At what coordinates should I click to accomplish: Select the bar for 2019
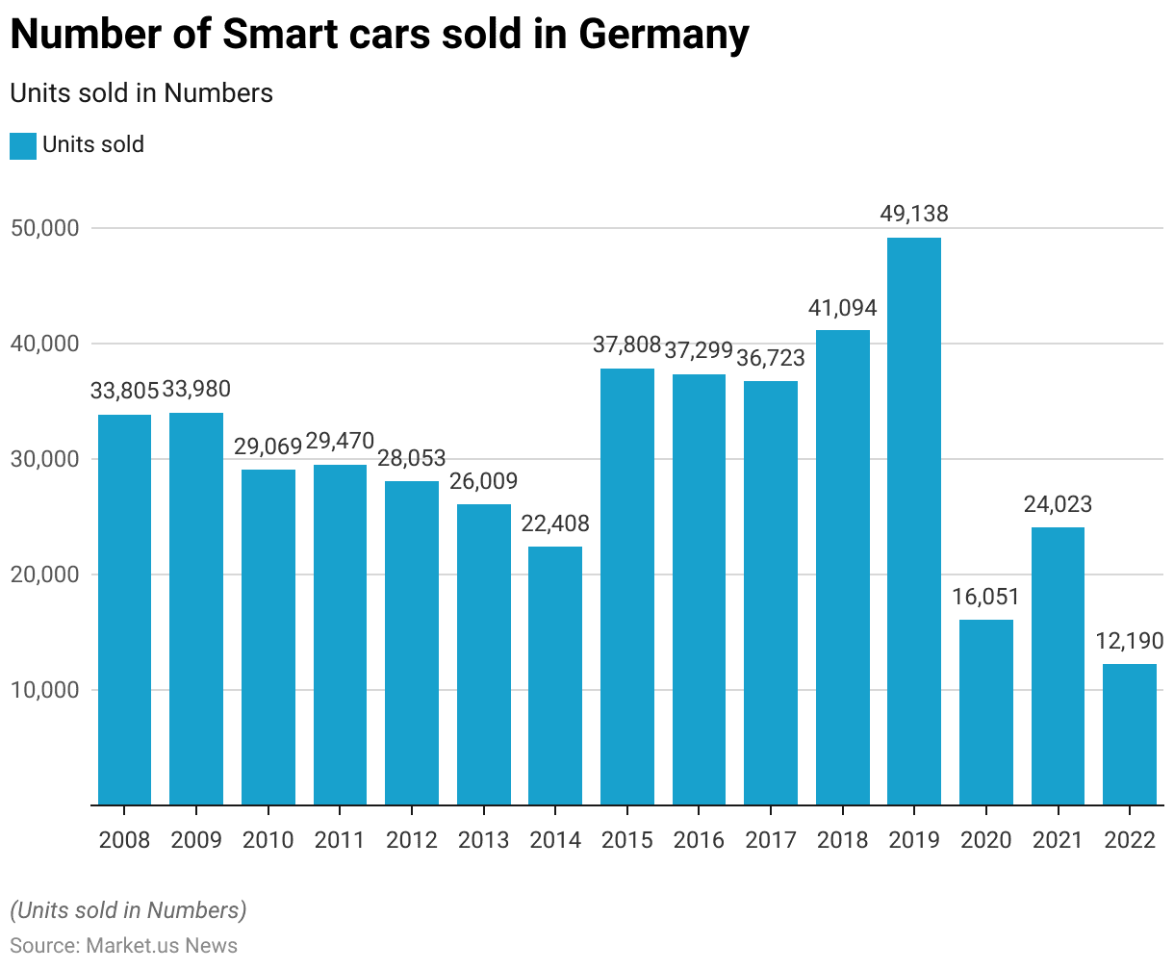click(x=914, y=521)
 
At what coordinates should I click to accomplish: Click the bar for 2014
click(x=555, y=675)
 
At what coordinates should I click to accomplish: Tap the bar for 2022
click(x=1130, y=734)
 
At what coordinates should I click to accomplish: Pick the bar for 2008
click(x=125, y=609)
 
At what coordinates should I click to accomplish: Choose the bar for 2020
click(x=986, y=712)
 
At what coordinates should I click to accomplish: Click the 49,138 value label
click(x=914, y=214)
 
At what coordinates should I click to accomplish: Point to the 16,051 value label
click(x=986, y=597)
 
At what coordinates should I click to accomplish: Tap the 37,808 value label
click(x=627, y=345)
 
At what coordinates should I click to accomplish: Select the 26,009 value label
click(x=483, y=481)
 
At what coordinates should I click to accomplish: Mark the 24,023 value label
click(x=1058, y=504)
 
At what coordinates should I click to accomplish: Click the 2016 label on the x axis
click(x=699, y=840)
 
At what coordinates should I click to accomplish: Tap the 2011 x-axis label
click(x=340, y=840)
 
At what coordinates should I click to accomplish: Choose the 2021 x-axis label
click(x=1058, y=840)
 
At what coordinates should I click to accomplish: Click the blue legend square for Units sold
click(x=23, y=146)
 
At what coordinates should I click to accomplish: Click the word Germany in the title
click(x=664, y=36)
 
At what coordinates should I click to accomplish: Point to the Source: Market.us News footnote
click(x=123, y=945)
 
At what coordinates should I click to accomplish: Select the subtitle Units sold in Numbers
click(x=141, y=93)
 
